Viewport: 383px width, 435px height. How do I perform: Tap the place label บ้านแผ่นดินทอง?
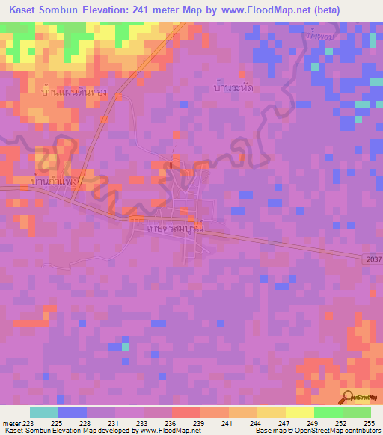(75, 92)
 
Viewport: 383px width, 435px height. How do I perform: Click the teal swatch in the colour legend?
(44, 412)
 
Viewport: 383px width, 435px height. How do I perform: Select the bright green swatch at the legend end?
(357, 412)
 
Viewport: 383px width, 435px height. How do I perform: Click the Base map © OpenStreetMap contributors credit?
(317, 431)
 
